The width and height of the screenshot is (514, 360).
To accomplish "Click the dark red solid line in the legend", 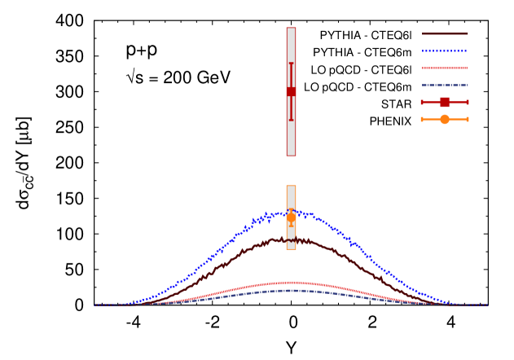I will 445,34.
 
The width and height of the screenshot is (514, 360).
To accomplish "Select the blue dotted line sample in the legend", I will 445,51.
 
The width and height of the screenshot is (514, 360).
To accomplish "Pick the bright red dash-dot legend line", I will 445,68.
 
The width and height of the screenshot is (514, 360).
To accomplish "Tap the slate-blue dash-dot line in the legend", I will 445,86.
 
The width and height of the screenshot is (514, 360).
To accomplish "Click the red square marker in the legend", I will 445,103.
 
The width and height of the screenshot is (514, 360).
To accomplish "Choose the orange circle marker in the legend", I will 445,120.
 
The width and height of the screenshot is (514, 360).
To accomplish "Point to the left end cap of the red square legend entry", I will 422,103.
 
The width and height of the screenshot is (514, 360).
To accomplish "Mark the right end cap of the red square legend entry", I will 468,103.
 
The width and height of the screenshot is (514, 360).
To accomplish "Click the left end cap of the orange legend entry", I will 422,120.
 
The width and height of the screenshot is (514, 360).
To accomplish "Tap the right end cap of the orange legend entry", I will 468,120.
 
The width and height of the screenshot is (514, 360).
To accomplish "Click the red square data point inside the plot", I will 291,92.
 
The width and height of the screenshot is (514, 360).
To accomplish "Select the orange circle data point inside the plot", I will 291,217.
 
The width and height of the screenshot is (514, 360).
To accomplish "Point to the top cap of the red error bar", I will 291,64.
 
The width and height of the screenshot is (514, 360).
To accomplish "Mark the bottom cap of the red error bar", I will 291,121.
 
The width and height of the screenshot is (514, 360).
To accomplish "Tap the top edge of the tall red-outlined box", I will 291,28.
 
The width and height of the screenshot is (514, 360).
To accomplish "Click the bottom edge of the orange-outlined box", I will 291,249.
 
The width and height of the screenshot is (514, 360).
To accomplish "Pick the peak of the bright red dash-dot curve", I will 291,282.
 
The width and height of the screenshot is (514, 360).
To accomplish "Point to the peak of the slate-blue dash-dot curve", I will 291,290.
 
